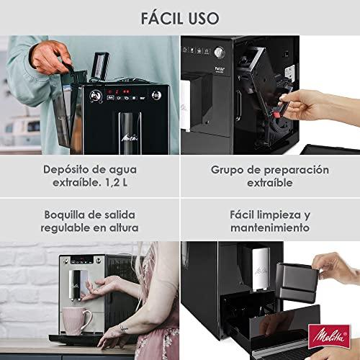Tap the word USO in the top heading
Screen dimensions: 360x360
pyautogui.click(x=204, y=18)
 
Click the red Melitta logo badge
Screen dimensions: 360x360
pyautogui.click(x=329, y=336)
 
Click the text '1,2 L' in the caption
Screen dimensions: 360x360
pyautogui.click(x=116, y=183)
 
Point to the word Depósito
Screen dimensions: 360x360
pyautogui.click(x=66, y=170)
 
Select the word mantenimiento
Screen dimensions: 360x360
pyautogui.click(x=270, y=228)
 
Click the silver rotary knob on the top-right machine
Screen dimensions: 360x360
pyautogui.click(x=220, y=52)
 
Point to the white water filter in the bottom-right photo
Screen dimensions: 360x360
pyautogui.click(x=261, y=269)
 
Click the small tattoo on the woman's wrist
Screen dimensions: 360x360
pyautogui.click(x=123, y=328)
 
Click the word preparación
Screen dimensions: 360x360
pyautogui.click(x=297, y=171)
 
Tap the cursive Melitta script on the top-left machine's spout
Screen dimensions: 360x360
pyautogui.click(x=130, y=138)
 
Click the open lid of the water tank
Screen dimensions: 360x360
pyautogui.click(x=99, y=66)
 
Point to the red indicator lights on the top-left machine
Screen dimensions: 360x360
pyautogui.click(x=118, y=91)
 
